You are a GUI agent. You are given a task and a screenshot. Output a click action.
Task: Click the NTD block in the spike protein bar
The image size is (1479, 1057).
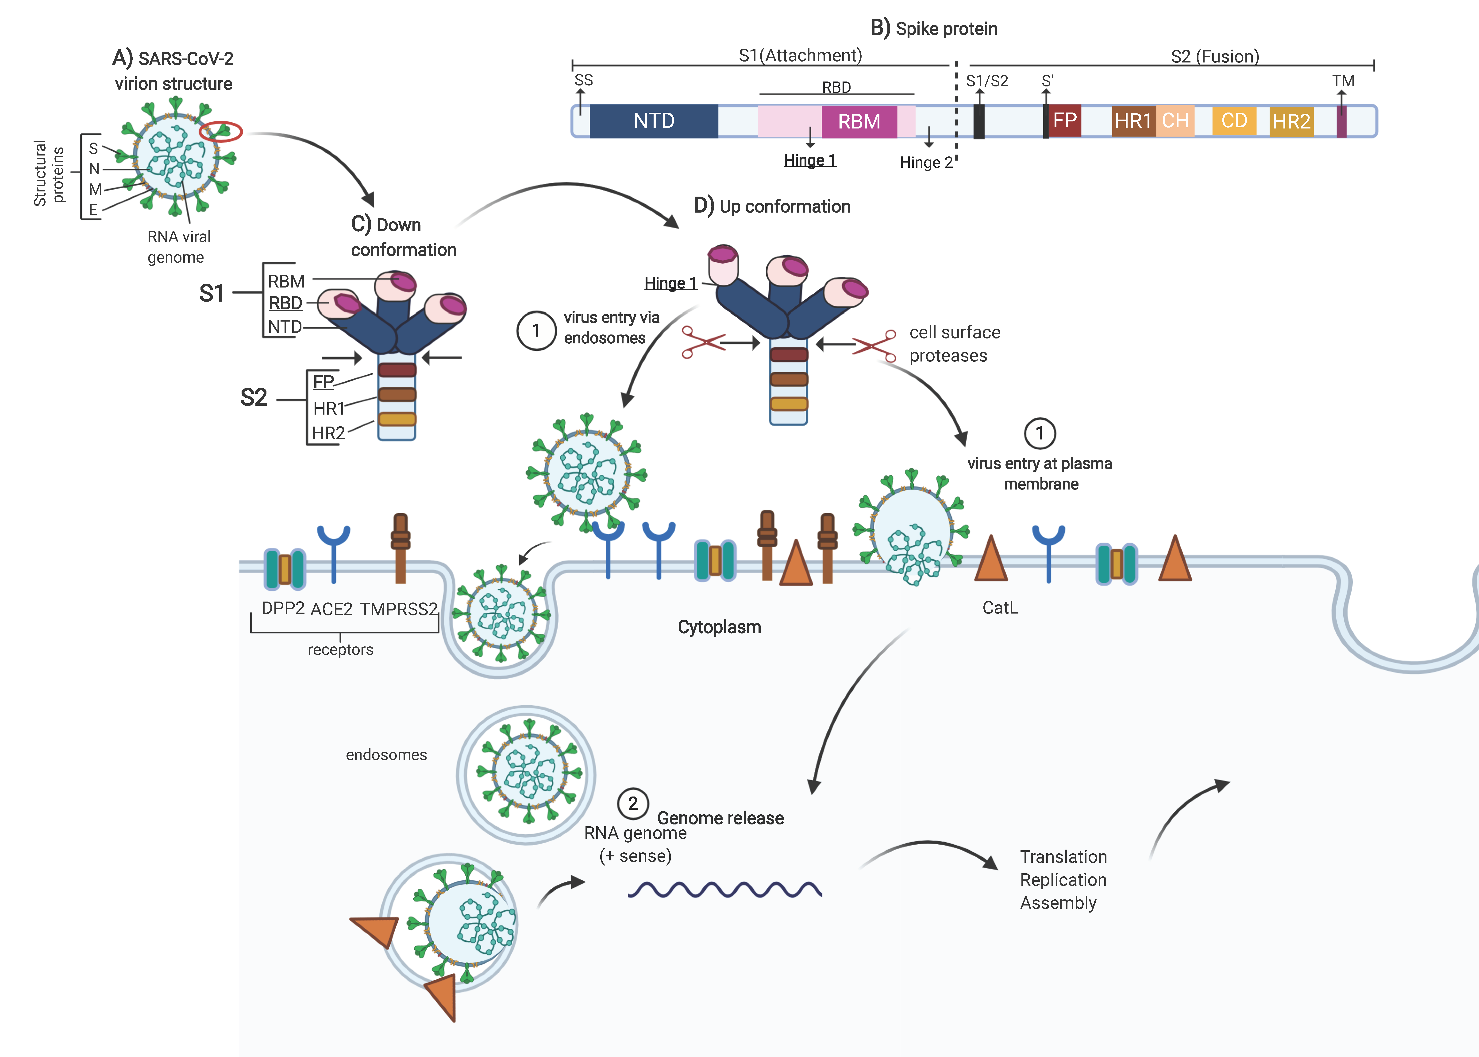click(654, 121)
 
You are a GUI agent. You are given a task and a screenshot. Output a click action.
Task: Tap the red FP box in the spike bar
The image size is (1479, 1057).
click(1065, 120)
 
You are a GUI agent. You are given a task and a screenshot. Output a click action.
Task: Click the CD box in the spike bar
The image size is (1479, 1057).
click(1234, 121)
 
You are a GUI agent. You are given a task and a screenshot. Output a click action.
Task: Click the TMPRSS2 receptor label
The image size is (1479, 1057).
click(399, 609)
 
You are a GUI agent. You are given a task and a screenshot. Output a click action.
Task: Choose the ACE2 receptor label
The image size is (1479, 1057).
click(332, 609)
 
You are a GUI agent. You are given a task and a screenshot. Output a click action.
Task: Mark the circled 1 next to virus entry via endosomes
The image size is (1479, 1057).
click(536, 331)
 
